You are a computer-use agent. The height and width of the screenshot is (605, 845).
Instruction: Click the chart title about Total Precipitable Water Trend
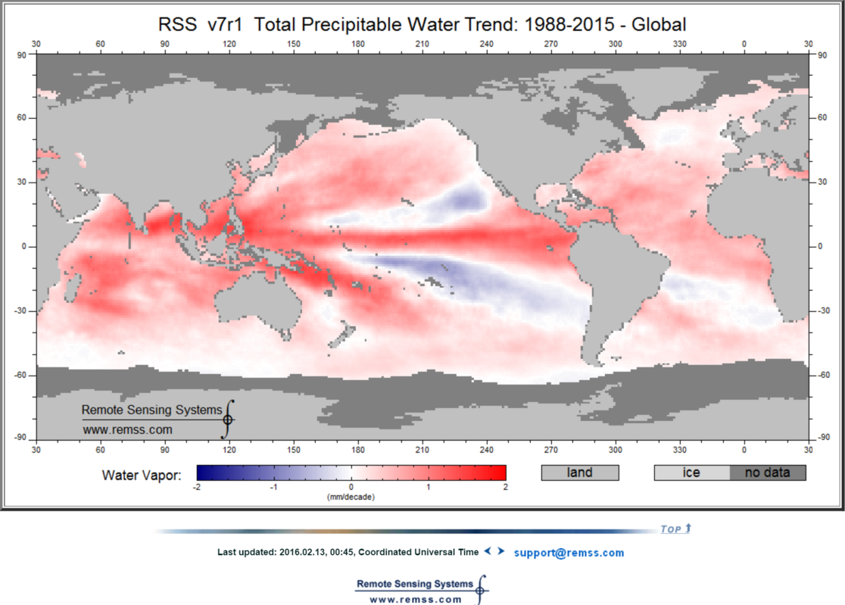coord(422,25)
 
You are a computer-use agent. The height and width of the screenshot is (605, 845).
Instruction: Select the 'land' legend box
coord(580,472)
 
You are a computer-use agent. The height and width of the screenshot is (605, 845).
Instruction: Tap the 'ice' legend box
coord(691,472)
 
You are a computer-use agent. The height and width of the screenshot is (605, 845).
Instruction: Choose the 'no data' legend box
coord(767,472)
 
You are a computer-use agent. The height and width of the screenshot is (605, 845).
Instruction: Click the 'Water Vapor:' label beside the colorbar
coord(142,476)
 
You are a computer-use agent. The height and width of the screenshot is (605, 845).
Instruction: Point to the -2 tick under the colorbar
coord(197,488)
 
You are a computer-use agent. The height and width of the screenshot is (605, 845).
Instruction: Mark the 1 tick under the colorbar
coord(429,488)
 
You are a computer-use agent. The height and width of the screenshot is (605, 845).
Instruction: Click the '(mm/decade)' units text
coord(351,497)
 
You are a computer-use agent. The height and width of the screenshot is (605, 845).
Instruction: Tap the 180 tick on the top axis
coord(357,43)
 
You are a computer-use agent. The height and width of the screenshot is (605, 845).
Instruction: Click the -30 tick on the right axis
coord(824,310)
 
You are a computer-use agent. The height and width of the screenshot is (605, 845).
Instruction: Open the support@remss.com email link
coord(569,553)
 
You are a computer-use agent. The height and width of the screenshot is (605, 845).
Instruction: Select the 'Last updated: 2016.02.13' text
coord(348,553)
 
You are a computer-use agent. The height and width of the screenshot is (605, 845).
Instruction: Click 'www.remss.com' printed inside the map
coord(127,429)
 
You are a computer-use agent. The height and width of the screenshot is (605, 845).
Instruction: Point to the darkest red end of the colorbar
coord(502,472)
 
